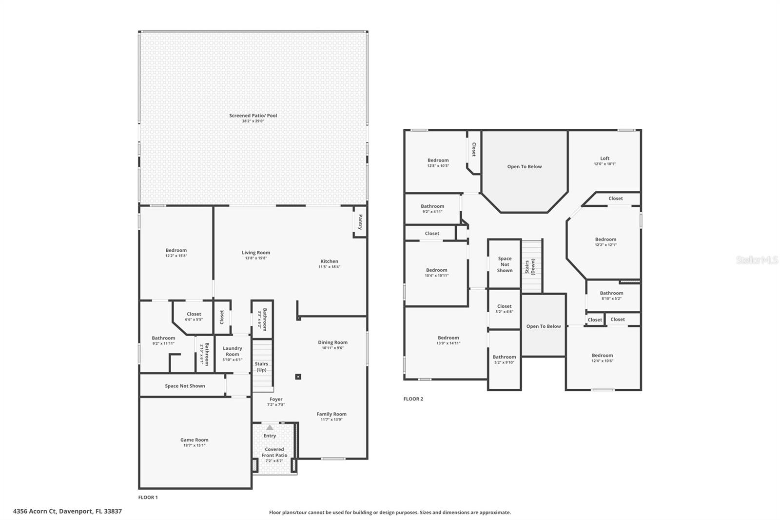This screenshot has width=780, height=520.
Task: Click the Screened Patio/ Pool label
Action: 253,116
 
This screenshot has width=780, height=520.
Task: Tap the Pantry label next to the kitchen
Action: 360,222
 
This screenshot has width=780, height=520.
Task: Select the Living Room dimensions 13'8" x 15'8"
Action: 255,258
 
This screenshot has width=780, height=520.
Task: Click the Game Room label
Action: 194,440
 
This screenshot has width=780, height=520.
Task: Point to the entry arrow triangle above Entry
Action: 270,427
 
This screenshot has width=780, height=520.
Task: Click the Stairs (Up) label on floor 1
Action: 261,366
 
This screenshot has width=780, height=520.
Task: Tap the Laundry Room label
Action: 233,351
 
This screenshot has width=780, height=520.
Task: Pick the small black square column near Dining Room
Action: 298,377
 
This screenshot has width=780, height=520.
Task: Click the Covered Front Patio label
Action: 274,452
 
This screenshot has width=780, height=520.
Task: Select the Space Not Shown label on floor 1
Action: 185,386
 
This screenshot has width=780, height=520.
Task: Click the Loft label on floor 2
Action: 604,159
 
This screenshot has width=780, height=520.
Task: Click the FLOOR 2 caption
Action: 413,399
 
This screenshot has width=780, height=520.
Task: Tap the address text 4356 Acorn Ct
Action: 35,511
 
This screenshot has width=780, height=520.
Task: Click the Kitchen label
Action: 329,261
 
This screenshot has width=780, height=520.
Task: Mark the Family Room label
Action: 331,414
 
